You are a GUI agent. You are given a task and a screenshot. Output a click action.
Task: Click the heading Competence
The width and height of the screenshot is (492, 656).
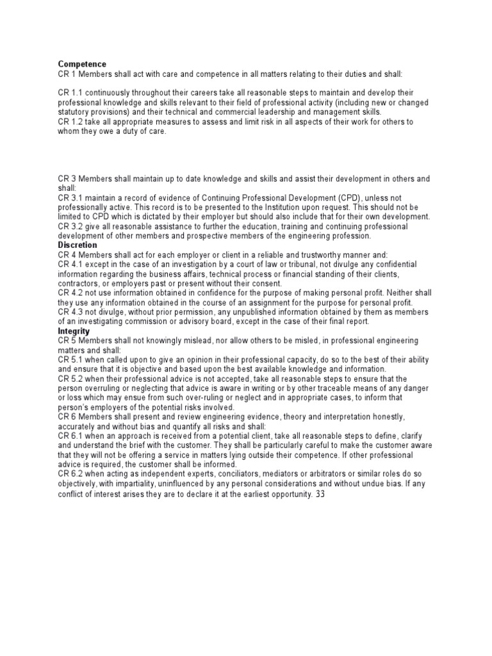point(82,64)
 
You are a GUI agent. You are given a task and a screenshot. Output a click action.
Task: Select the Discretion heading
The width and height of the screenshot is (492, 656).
point(78,245)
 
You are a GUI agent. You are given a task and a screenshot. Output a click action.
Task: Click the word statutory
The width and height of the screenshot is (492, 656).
point(79,112)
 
